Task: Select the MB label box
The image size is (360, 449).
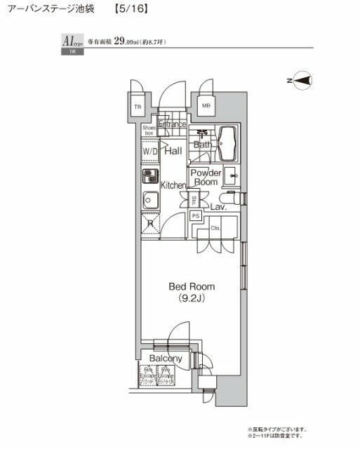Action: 206,107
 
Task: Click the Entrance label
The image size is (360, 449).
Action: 172,124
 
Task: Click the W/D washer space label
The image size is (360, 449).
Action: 150,152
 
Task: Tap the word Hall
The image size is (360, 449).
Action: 173,150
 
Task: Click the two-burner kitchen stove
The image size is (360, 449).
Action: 149,175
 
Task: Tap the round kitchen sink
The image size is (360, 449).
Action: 149,200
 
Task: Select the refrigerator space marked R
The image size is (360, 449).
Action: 150,225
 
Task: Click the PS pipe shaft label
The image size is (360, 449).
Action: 196,215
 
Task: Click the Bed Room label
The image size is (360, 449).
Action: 192,286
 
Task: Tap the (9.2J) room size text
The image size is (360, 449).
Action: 192,298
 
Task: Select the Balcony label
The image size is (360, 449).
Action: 166,358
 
